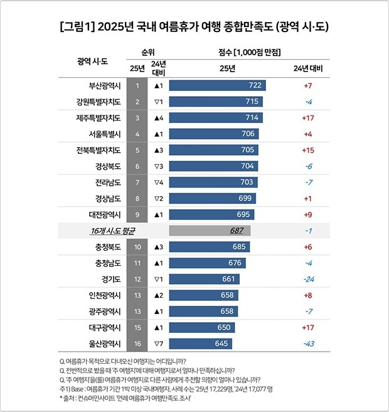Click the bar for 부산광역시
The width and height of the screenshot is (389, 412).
(x=216, y=85)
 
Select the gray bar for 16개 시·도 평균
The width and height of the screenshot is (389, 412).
(x=209, y=230)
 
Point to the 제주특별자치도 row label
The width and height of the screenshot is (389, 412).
(x=95, y=117)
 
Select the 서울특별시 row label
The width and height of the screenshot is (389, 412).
(x=100, y=134)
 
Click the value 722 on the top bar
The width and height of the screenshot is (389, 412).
(x=255, y=85)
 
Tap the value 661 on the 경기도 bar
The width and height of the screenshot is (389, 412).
(x=229, y=279)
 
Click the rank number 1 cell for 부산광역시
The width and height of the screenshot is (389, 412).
(x=137, y=85)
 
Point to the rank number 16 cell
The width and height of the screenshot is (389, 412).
(x=137, y=344)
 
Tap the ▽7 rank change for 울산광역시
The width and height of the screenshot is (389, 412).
(x=157, y=344)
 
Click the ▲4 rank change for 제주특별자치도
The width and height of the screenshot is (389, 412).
(x=157, y=117)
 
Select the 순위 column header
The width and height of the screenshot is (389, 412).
(x=147, y=51)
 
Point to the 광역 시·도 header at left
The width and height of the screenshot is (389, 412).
(x=92, y=62)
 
